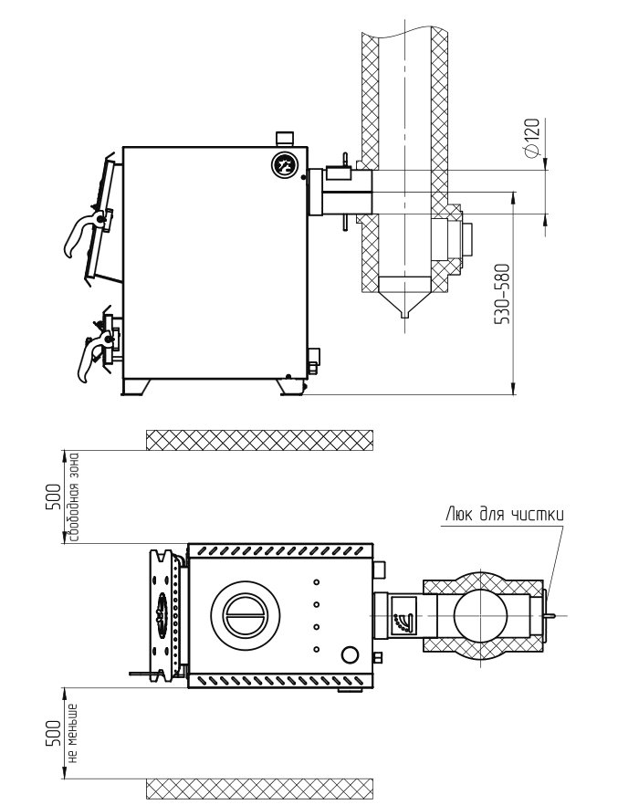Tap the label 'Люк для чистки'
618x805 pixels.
coord(505,515)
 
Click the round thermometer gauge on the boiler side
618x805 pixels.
coord(285,166)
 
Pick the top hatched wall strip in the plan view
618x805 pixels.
coord(259,440)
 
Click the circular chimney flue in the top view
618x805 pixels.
coord(484,615)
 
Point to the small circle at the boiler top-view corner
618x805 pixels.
coord(349,654)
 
